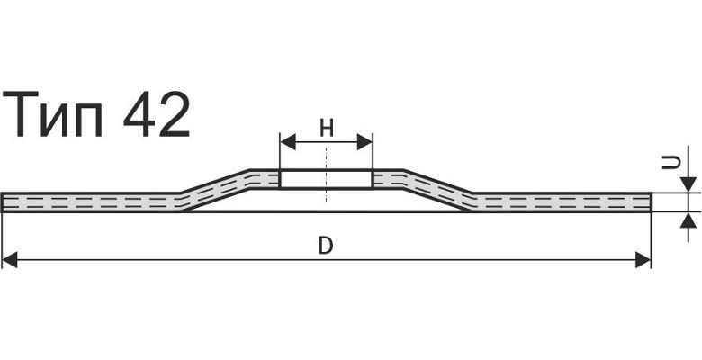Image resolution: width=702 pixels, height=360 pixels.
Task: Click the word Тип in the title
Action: click(53, 114)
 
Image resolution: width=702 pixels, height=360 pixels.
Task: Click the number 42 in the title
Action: click(157, 114)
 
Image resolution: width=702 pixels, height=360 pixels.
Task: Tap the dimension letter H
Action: click(327, 129)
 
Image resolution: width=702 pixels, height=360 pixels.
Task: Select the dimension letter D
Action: click(326, 247)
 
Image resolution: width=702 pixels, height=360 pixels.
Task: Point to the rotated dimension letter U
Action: click(670, 163)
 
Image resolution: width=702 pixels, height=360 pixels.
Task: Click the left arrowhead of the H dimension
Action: click(288, 142)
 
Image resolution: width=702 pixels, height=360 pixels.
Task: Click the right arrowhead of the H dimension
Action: click(364, 142)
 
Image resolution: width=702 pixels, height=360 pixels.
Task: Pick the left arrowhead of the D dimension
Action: click(10, 260)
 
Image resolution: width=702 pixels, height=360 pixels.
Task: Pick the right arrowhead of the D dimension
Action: click(643, 260)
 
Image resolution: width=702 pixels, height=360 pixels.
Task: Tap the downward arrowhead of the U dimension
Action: click(688, 184)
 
